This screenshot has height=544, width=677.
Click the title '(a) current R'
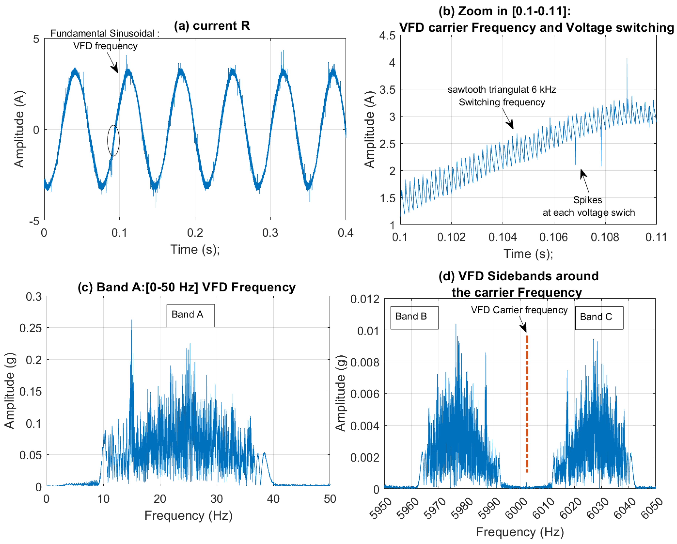(212, 26)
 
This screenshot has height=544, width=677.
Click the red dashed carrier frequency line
(527, 408)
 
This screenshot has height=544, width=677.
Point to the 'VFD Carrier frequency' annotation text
(519, 310)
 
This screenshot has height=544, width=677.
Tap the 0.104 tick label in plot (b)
(502, 237)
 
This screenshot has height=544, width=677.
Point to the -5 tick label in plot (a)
(34, 221)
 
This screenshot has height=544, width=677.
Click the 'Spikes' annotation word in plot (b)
(587, 200)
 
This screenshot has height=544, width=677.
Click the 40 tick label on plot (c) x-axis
(273, 499)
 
